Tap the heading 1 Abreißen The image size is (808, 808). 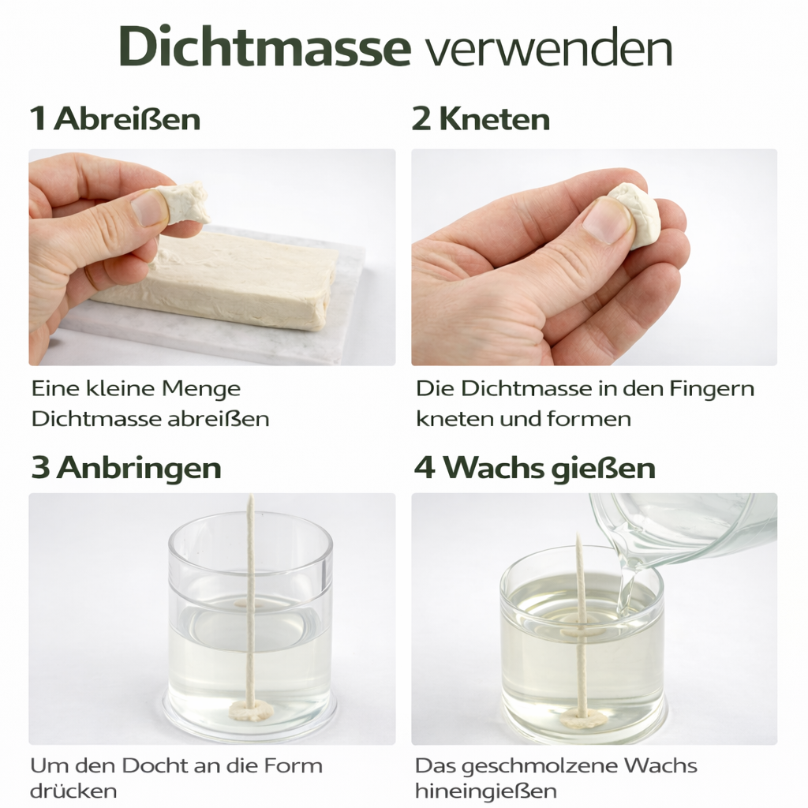coord(115,119)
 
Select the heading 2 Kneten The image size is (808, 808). coord(481,119)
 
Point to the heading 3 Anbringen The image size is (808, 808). coord(125,468)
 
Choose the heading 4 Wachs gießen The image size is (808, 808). coord(534,468)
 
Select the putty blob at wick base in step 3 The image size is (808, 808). coord(252,710)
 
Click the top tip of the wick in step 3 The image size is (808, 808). coord(251,499)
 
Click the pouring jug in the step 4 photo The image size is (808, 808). coord(686,529)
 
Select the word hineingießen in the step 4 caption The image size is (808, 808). coord(485,791)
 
